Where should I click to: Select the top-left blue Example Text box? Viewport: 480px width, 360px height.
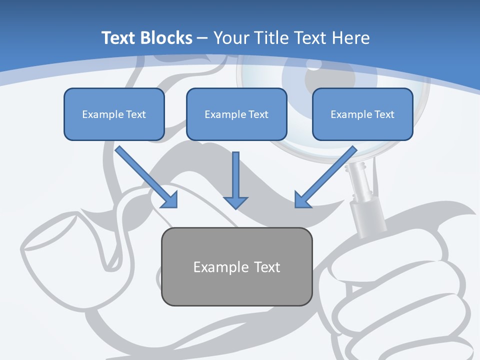pyautogui.click(x=114, y=114)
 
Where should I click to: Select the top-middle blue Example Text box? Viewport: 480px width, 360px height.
pyautogui.click(x=236, y=114)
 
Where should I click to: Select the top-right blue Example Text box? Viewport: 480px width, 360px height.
pyautogui.click(x=362, y=114)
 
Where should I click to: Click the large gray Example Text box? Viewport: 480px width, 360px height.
pyautogui.click(x=236, y=267)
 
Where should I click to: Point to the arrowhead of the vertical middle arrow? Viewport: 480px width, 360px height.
pyautogui.click(x=235, y=202)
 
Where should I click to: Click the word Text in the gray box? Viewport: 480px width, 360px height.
pyautogui.click(x=267, y=267)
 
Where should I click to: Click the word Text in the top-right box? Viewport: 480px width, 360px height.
pyautogui.click(x=384, y=114)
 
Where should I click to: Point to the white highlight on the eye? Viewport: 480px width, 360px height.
pyautogui.click(x=314, y=64)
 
